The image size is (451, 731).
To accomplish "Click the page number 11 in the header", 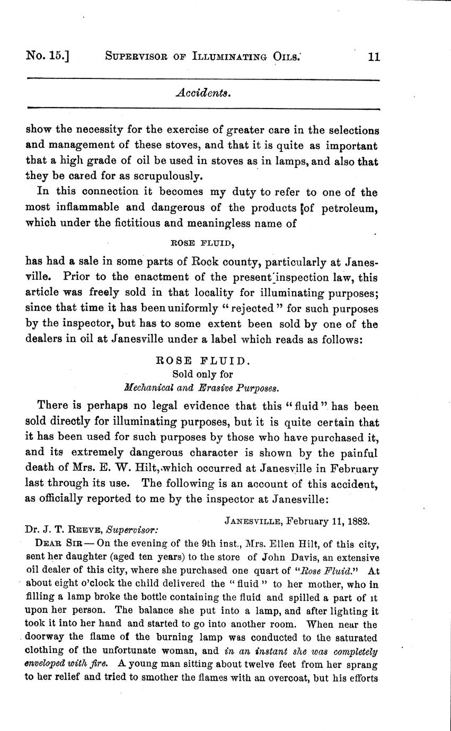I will (374, 57).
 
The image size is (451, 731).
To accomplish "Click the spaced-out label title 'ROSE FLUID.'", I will (201, 361).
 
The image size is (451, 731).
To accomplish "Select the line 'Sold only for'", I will (202, 375).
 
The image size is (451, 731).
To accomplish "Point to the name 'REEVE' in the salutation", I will (84, 529).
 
